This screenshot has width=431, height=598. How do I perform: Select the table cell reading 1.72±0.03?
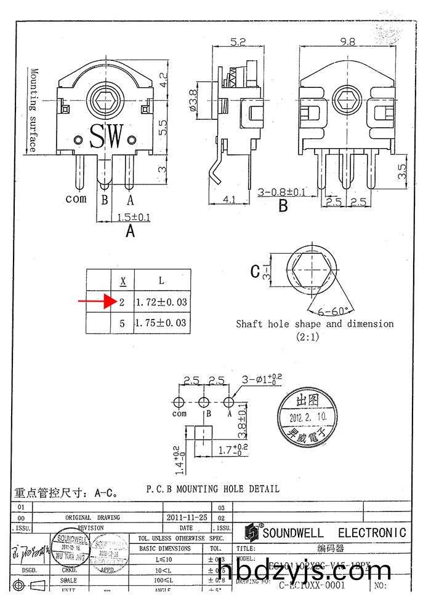(161, 302)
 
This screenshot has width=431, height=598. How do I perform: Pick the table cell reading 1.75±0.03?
(161, 322)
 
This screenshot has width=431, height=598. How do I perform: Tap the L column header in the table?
(161, 281)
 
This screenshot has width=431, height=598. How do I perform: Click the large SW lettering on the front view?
(107, 136)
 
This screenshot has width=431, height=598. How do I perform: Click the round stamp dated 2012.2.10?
(308, 417)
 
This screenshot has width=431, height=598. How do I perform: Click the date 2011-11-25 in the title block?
(187, 517)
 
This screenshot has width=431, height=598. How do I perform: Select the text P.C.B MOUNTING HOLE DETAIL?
(212, 489)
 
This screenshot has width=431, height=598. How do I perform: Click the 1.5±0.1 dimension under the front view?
(133, 217)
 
